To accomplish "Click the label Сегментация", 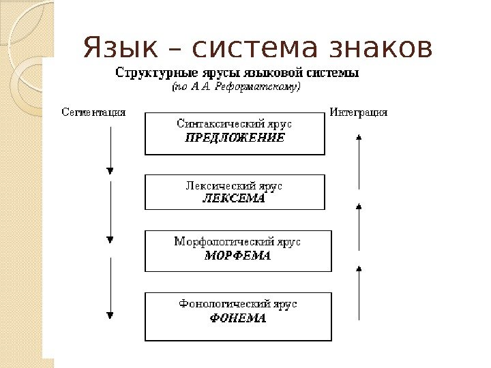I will click(x=93, y=112).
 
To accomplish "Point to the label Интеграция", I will click(x=359, y=112).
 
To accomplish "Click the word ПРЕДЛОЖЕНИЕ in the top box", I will click(x=235, y=138).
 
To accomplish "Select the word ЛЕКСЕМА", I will click(x=235, y=198).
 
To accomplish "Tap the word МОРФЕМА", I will click(x=237, y=256).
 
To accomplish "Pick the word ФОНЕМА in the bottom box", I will click(x=237, y=318).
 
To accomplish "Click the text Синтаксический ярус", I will click(x=235, y=124).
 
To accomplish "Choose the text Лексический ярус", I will click(x=235, y=185).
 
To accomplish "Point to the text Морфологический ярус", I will click(x=237, y=242).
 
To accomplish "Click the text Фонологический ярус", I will click(x=238, y=304).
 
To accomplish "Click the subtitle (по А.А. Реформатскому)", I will click(x=234, y=87).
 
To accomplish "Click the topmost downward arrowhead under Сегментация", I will click(x=110, y=171).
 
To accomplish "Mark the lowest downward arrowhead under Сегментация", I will click(x=110, y=314).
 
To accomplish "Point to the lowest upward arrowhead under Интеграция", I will click(x=359, y=271).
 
